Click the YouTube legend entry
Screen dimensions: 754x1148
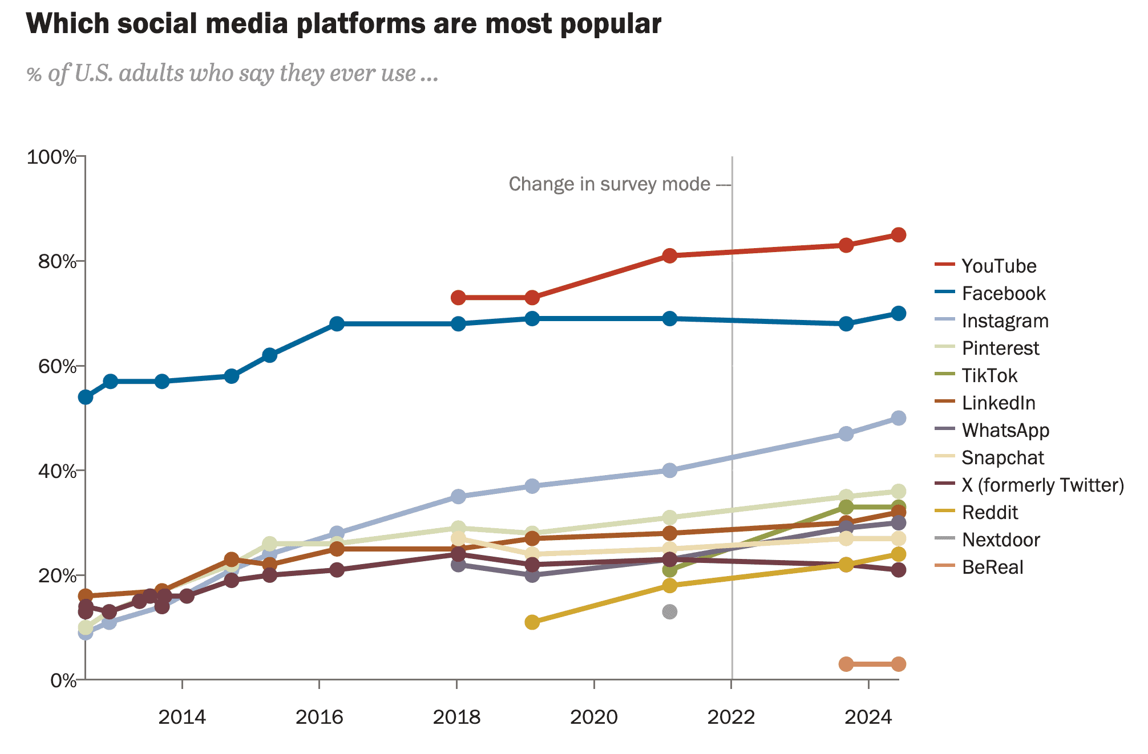click(998, 266)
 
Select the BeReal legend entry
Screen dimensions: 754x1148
click(992, 567)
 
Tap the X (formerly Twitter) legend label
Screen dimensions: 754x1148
click(1042, 485)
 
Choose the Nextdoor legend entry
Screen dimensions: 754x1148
click(1000, 540)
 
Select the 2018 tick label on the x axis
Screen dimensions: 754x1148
click(456, 717)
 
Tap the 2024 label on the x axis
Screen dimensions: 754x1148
click(868, 717)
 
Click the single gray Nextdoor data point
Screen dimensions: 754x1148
click(670, 612)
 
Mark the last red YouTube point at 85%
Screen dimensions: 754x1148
click(898, 235)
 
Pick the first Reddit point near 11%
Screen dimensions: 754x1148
click(532, 622)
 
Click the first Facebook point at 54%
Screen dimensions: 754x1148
click(86, 397)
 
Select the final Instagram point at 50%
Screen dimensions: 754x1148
click(898, 418)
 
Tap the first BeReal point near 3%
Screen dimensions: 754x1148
click(846, 664)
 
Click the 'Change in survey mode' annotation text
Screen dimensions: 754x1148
click(609, 184)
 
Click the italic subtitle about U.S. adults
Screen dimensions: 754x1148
click(232, 74)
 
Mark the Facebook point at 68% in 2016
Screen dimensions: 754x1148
click(337, 324)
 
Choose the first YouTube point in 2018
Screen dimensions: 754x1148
click(458, 298)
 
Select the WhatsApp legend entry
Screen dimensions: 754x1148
click(1005, 430)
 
